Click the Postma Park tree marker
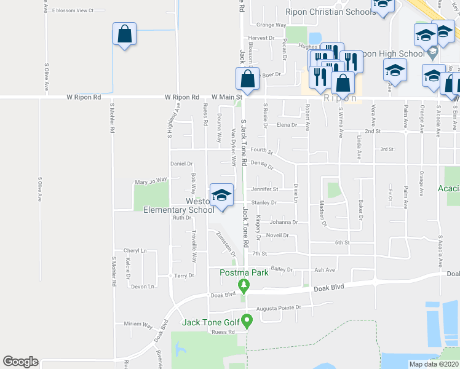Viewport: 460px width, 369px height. [x=244, y=285]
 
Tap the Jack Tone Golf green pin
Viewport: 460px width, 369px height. [x=247, y=320]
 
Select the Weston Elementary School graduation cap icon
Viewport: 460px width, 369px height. [x=221, y=195]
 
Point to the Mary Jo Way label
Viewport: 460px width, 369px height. [x=151, y=181]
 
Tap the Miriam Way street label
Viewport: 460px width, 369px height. [x=138, y=323]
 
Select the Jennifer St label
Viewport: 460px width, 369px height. [x=264, y=189]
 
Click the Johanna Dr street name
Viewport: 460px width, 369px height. [x=284, y=222]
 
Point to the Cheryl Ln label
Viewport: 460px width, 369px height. [x=135, y=250]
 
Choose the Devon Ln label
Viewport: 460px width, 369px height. [x=142, y=286]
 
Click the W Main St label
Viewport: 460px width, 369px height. [x=227, y=97]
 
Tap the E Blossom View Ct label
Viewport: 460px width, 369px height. [x=72, y=10]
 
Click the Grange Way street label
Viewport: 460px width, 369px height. [x=271, y=25]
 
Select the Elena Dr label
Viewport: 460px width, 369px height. [x=287, y=125]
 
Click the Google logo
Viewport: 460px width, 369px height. [x=20, y=362]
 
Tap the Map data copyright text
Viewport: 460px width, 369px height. [x=434, y=364]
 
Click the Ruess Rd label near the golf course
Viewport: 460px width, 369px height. [x=223, y=331]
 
